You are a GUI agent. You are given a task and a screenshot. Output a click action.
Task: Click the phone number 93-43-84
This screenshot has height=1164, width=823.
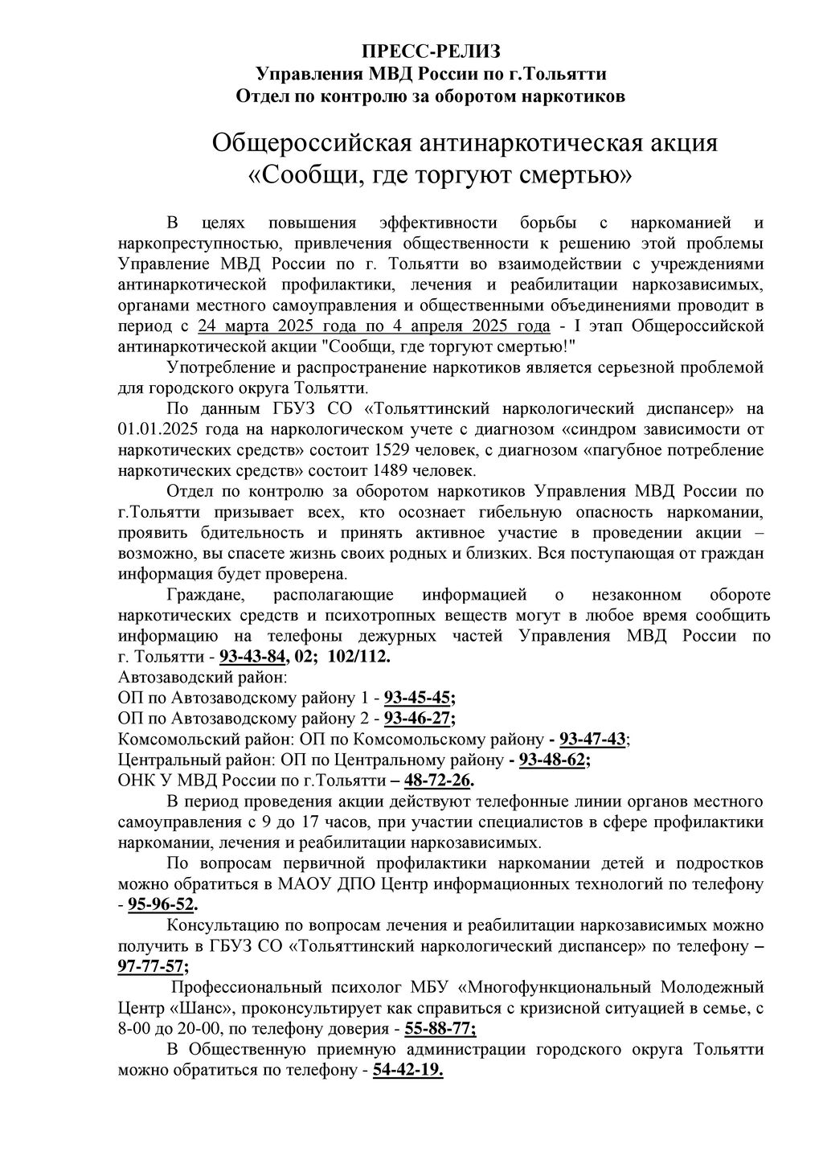(252, 657)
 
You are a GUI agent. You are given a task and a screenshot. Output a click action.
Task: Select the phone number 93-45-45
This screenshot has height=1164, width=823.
(417, 697)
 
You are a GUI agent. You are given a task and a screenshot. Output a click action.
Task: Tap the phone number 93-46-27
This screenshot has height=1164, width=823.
(417, 718)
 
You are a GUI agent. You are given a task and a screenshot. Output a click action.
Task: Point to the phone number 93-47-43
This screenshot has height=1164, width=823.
(592, 739)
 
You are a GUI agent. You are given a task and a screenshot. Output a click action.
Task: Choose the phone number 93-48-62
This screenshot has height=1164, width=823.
(552, 760)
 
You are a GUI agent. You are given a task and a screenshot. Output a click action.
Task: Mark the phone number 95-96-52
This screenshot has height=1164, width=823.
(161, 905)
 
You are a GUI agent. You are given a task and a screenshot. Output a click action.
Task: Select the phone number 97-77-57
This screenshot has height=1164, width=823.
(150, 966)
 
